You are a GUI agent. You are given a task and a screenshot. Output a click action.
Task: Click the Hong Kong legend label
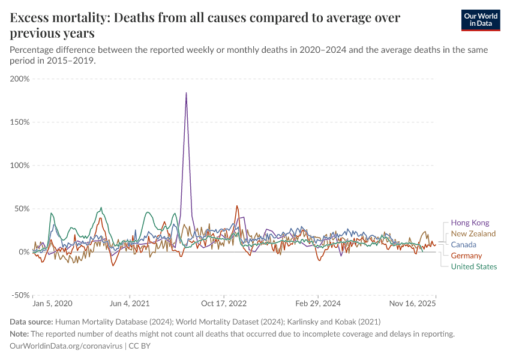[x=470, y=223]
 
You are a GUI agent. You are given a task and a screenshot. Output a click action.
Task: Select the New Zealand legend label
[x=473, y=233]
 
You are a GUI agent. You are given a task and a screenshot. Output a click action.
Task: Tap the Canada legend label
[x=463, y=245]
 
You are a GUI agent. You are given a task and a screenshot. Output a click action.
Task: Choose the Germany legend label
[x=466, y=256]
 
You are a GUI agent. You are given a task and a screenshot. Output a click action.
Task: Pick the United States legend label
[x=473, y=267]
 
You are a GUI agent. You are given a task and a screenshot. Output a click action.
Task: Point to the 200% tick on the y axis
[x=20, y=79]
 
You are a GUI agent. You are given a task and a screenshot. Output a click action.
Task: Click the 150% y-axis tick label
[x=20, y=122]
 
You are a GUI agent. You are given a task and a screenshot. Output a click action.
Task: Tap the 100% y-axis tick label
[x=20, y=165]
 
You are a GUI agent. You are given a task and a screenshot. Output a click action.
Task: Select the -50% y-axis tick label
[x=20, y=295]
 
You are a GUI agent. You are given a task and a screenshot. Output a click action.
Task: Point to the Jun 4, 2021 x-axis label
[x=130, y=304]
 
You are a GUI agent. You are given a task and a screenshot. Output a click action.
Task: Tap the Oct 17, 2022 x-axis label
[x=224, y=304]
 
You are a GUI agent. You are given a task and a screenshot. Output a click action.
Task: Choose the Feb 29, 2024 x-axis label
[x=319, y=304]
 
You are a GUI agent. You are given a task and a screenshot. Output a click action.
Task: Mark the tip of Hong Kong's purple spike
[x=187, y=92]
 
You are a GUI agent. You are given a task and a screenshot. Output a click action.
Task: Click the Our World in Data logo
[x=481, y=20]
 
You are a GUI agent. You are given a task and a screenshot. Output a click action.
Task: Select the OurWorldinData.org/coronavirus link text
[x=66, y=346]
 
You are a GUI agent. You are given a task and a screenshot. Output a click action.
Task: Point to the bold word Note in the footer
[x=19, y=334]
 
